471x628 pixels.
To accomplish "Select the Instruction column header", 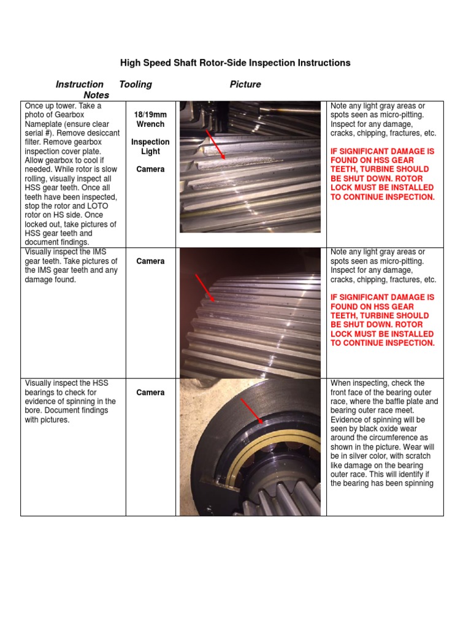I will coord(80,85).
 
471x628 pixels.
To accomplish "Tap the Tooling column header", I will coord(136,85).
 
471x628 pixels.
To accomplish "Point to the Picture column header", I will coord(245,85).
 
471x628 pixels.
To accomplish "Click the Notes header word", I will coord(96,95).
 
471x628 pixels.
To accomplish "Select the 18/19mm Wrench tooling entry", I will coord(150,119).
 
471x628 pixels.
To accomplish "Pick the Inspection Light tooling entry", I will coord(150,147).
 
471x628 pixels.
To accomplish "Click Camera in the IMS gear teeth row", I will coord(150,261).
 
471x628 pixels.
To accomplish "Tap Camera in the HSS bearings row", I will coord(150,392).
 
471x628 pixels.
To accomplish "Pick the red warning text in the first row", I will coord(382,174).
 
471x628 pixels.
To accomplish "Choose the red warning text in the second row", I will coord(382,320).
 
